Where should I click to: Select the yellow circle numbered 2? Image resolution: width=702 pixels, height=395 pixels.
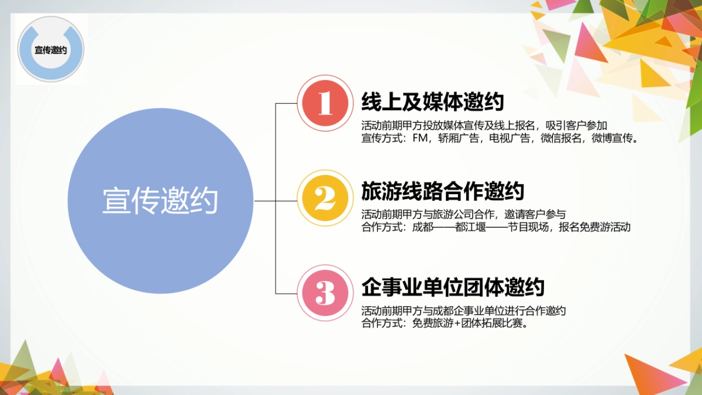[325, 198]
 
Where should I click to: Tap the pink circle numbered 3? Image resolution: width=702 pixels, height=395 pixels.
[325, 293]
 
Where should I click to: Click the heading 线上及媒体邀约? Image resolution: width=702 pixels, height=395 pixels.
[432, 102]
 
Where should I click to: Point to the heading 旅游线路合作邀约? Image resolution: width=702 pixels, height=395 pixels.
[442, 191]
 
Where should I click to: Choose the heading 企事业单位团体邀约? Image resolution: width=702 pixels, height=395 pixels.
[453, 287]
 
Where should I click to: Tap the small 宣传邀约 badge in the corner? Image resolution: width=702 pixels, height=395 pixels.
[51, 50]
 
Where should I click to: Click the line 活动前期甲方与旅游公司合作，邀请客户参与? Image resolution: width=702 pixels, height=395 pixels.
[463, 214]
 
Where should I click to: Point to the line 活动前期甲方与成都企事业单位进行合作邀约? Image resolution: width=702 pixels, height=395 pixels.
[463, 310]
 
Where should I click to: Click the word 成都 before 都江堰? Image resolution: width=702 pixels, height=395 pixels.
[422, 228]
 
